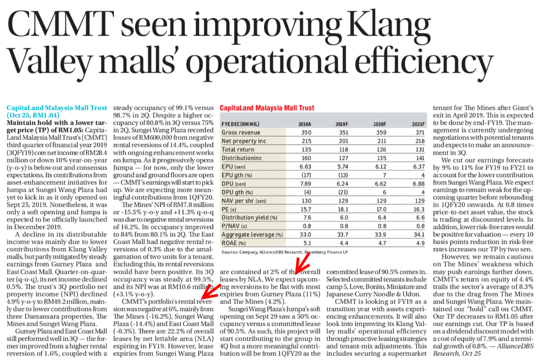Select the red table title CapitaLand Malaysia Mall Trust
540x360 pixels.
(x=267, y=108)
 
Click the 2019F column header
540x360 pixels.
(x=342, y=124)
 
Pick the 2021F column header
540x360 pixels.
(x=418, y=124)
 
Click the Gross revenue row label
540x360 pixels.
(x=241, y=133)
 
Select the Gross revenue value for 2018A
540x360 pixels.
(x=306, y=133)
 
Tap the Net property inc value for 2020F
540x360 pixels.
(x=382, y=141)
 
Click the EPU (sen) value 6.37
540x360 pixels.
(x=419, y=167)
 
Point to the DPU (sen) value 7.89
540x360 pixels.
(x=306, y=184)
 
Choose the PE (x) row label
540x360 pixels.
(x=229, y=209)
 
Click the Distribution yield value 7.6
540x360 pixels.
(x=307, y=218)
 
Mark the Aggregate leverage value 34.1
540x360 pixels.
(x=419, y=235)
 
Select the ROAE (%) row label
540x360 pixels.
(x=234, y=243)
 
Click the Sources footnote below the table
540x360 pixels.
(x=285, y=252)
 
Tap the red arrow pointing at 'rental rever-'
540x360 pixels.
(x=211, y=291)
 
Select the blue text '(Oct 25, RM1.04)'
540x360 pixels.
(x=33, y=116)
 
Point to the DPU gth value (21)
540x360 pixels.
(x=343, y=192)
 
